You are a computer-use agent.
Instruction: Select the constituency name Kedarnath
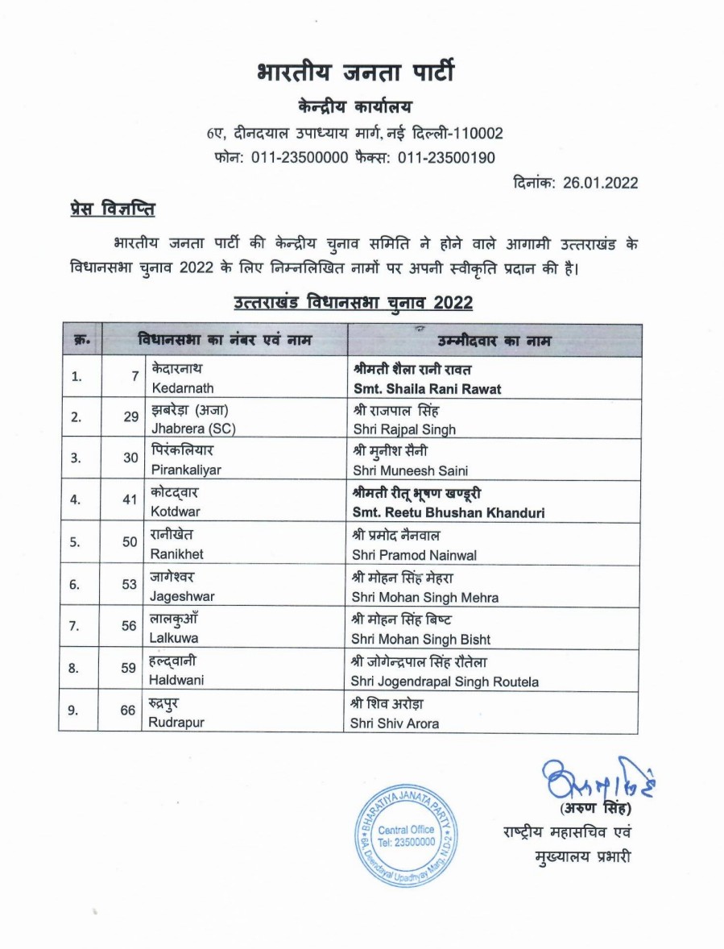(x=182, y=388)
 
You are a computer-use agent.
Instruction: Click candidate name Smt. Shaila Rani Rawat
(x=427, y=388)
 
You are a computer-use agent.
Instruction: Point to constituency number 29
(x=129, y=417)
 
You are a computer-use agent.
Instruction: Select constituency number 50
(x=129, y=542)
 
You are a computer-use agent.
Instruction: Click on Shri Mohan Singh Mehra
(x=424, y=598)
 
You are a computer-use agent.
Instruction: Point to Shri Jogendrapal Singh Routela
(x=445, y=682)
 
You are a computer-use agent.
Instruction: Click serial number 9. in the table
(x=76, y=711)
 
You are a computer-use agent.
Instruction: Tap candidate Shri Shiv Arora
(x=395, y=723)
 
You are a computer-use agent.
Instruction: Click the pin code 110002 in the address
(x=475, y=132)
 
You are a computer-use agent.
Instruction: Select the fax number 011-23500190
(x=446, y=157)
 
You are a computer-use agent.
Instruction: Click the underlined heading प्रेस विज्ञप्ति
(x=112, y=210)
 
